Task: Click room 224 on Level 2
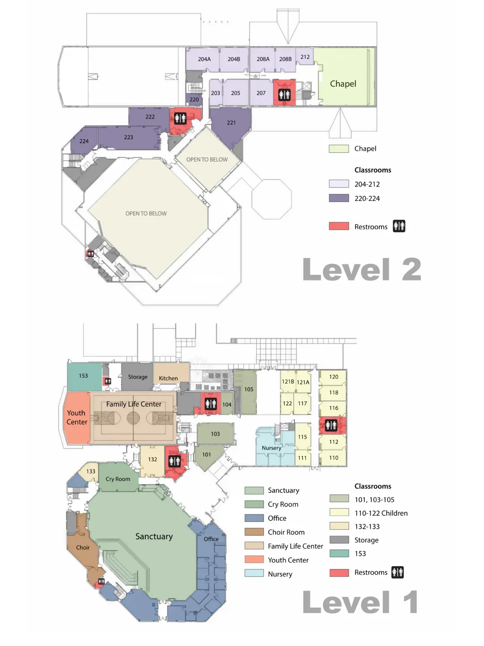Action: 84,141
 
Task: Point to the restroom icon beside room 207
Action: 284,95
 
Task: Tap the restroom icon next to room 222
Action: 180,118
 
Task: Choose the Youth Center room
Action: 77,417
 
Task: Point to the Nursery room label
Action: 271,447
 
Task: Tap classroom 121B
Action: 288,381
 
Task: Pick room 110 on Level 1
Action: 333,458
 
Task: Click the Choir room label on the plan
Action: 83,548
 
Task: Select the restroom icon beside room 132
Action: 174,461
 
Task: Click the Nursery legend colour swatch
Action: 254,573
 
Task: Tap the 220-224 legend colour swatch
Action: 339,198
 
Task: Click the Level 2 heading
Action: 362,269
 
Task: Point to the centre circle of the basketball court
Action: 133,418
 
